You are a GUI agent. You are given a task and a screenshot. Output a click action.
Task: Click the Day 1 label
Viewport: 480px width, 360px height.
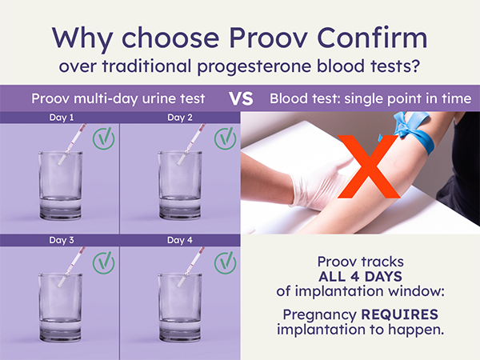tap(62, 118)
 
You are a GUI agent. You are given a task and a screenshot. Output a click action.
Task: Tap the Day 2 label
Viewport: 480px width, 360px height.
tap(180, 118)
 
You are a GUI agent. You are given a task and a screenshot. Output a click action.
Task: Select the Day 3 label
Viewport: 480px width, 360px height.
tap(62, 240)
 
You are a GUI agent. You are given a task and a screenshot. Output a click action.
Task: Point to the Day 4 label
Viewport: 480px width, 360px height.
tap(180, 240)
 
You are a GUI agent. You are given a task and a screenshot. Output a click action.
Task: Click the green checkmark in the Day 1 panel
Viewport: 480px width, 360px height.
tap(104, 138)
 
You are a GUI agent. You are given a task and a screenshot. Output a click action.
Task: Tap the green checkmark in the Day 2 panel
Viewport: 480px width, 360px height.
tap(226, 138)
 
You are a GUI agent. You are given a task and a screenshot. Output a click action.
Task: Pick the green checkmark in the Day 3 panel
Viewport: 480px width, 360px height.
tap(104, 262)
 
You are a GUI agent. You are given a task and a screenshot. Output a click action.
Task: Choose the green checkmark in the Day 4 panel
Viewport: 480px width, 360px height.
tap(226, 262)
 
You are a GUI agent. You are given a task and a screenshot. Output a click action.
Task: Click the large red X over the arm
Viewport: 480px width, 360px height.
tap(369, 166)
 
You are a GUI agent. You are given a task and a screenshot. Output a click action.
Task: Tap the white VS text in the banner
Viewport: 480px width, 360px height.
tap(242, 98)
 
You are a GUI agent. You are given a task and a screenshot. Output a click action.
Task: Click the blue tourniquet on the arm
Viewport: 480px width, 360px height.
tap(414, 132)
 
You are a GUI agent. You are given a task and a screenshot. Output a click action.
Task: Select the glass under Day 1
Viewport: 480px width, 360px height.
tap(61, 185)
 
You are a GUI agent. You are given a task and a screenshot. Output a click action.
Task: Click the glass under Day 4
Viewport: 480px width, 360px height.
tap(180, 308)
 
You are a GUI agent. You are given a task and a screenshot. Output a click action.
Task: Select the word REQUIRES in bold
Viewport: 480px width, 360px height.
tap(400, 314)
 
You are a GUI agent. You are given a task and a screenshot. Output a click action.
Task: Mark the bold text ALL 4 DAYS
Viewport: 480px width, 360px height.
tap(360, 277)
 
